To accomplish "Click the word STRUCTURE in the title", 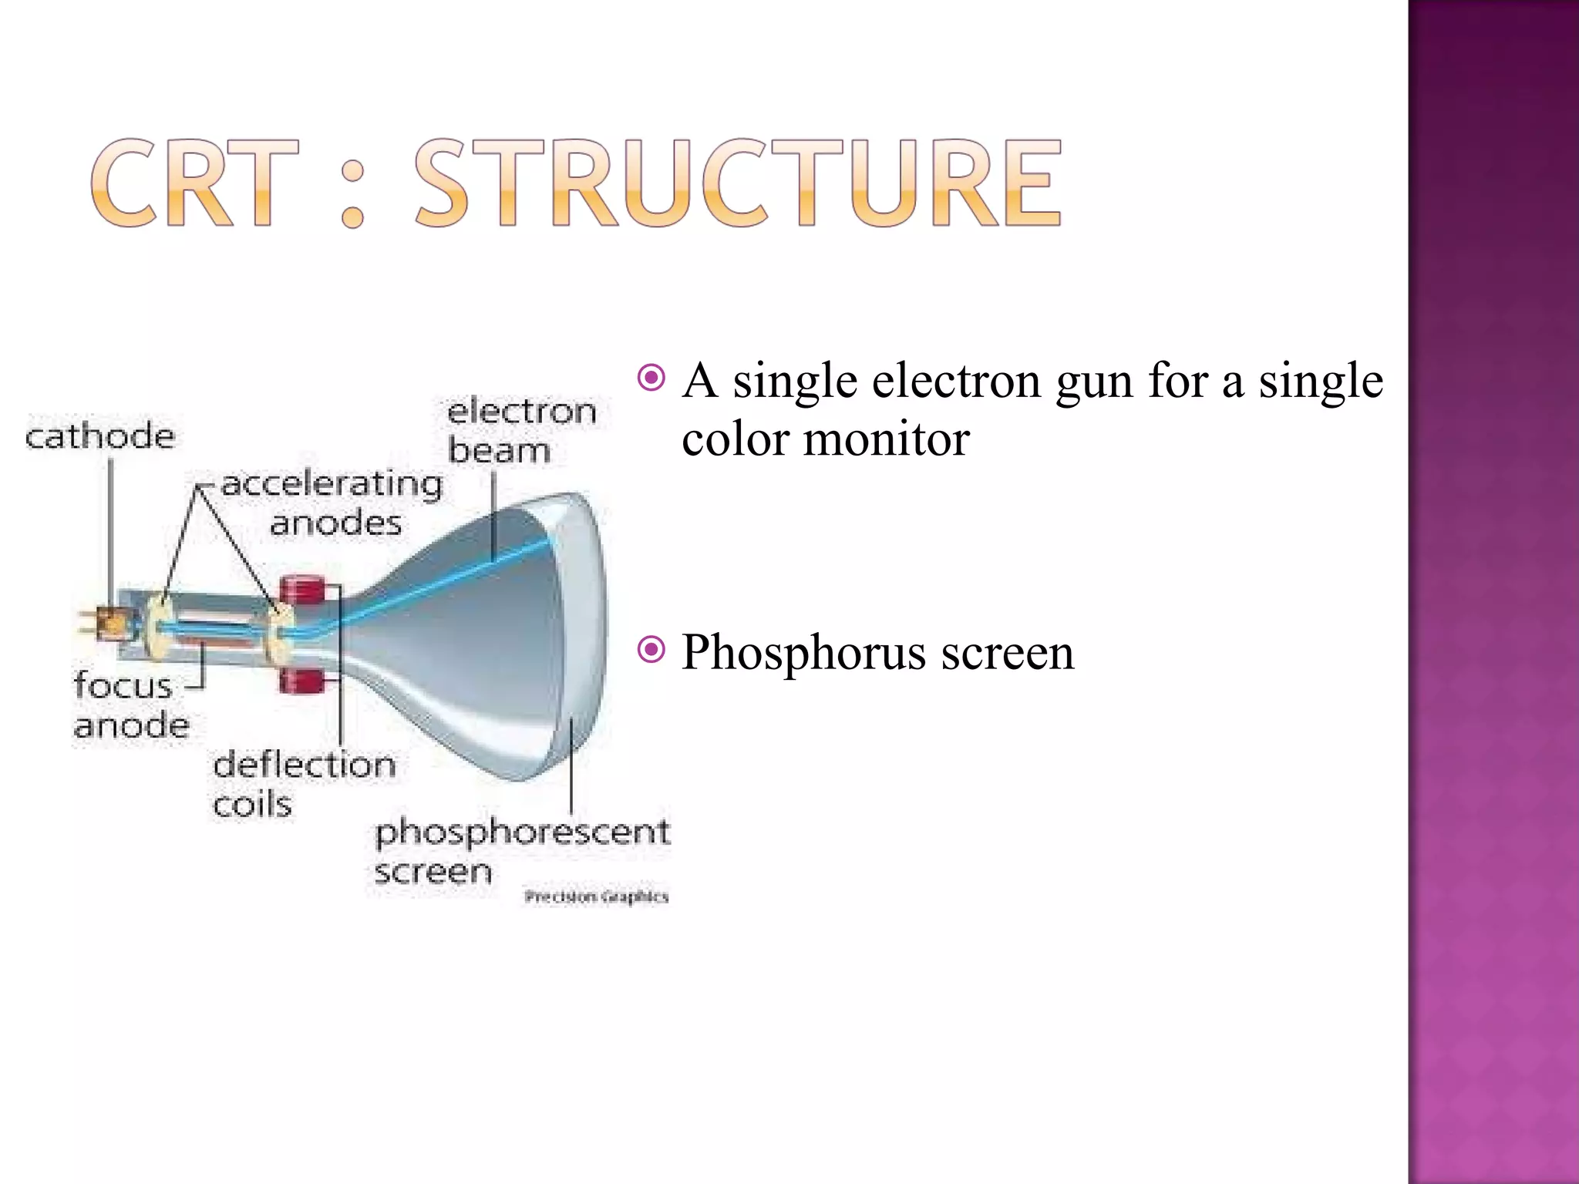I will (739, 183).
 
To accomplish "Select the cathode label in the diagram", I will (100, 436).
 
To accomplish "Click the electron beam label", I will (521, 431).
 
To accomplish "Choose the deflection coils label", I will (304, 784).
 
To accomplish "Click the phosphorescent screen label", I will (521, 851).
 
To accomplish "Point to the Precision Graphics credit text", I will (596, 896).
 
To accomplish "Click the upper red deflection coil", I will (305, 591).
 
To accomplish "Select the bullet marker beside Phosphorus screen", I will (651, 650).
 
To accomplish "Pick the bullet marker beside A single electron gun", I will (651, 378).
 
